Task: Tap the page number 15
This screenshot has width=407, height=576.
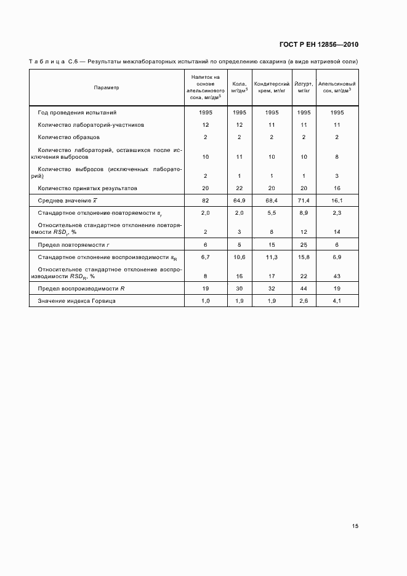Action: coord(355,526)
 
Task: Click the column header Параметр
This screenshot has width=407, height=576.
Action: coord(107,87)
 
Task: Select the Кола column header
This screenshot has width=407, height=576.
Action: coord(239,87)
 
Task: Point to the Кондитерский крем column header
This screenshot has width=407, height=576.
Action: coord(272,87)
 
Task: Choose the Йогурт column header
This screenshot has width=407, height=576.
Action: coord(304,87)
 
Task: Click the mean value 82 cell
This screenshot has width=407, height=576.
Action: coord(205,201)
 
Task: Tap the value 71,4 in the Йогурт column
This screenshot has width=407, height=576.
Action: coord(304,201)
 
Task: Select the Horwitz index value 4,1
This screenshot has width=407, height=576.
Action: coord(337,301)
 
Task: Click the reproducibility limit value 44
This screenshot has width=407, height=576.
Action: coord(304,287)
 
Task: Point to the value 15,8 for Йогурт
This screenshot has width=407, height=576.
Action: coord(304,257)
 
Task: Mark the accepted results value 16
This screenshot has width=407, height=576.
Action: coord(337,188)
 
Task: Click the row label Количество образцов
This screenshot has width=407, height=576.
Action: coord(68,137)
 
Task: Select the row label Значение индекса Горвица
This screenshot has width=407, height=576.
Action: coord(76,301)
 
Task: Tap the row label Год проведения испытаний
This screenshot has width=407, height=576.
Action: coord(77,113)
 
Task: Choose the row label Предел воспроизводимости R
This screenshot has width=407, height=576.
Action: coord(81,287)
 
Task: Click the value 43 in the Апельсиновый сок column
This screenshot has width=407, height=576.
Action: coord(337,276)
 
